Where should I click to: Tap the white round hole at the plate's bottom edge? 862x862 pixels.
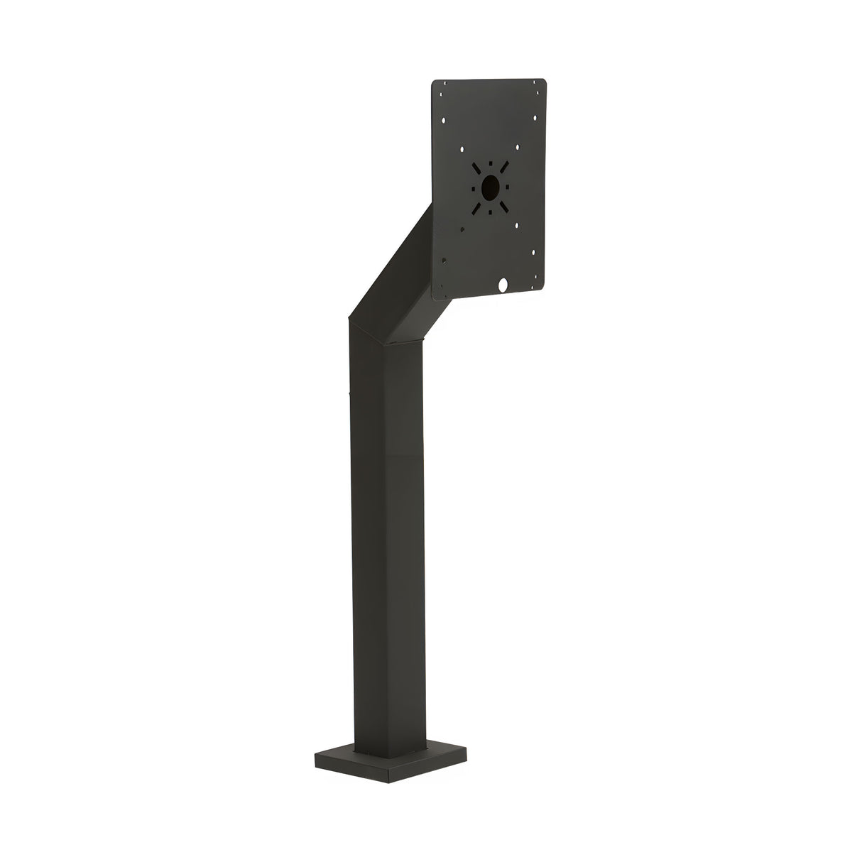tap(503, 285)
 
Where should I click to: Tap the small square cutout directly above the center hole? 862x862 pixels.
tap(490, 163)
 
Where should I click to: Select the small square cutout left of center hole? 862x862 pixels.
tap(471, 187)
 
